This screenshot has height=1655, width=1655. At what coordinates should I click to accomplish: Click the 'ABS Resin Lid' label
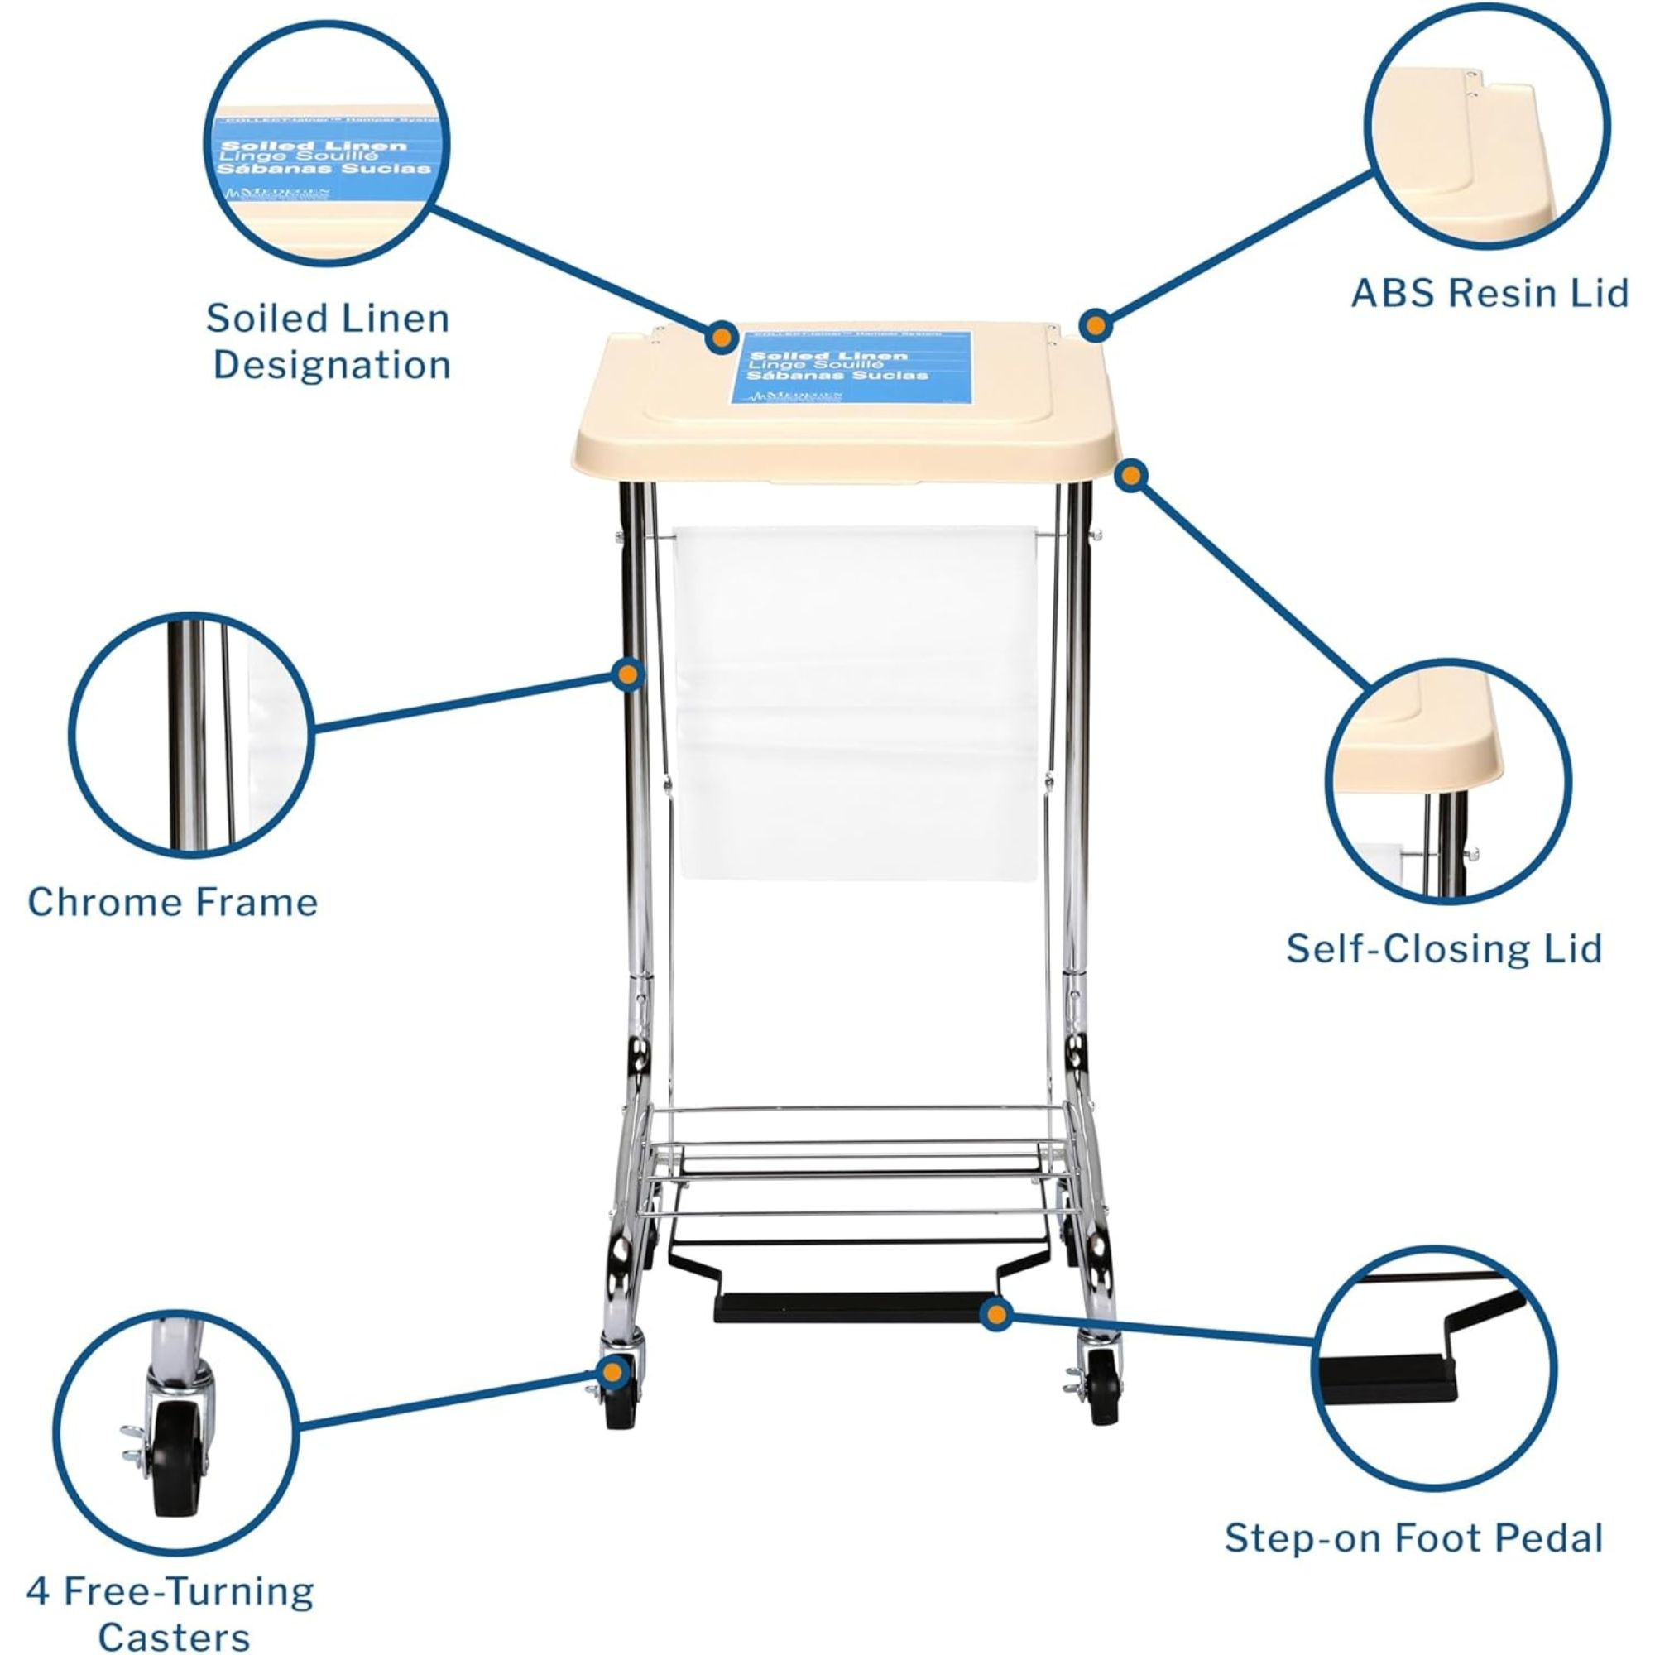click(1489, 293)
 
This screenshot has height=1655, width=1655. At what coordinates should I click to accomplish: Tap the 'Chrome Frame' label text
click(172, 902)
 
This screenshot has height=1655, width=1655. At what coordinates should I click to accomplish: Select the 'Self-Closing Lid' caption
click(1443, 948)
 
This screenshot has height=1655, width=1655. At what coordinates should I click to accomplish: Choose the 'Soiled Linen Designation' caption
click(330, 341)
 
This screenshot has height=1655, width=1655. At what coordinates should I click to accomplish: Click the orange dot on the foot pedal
click(994, 1337)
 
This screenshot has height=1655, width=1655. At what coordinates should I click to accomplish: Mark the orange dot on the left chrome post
click(630, 674)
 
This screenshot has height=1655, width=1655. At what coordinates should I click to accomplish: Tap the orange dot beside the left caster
click(611, 1374)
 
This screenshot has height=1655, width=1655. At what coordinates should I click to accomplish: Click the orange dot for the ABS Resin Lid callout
click(1094, 324)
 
